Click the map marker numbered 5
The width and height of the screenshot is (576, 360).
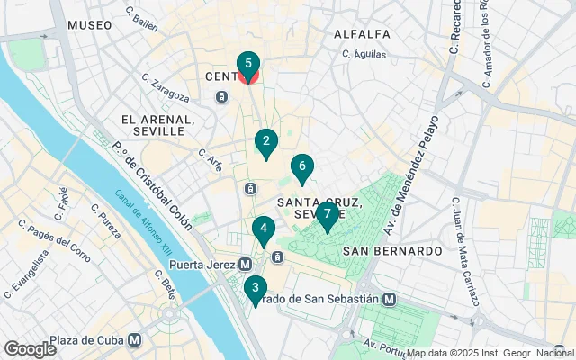[247, 65]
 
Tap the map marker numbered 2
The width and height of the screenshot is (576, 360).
[265, 141]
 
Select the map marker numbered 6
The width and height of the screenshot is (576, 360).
[302, 166]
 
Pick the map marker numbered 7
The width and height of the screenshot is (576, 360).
[328, 215]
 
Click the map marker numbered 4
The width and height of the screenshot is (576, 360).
[263, 229]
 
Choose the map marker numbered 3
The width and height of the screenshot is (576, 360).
[256, 289]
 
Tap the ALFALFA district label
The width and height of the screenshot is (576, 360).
[362, 34]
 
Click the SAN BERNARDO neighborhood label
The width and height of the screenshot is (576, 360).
[392, 250]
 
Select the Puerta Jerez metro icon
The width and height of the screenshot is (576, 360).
[245, 265]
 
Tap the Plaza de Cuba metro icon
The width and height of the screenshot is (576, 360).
[134, 340]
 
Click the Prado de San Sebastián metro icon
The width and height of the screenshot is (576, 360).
[389, 299]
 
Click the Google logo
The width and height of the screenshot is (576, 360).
[30, 349]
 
